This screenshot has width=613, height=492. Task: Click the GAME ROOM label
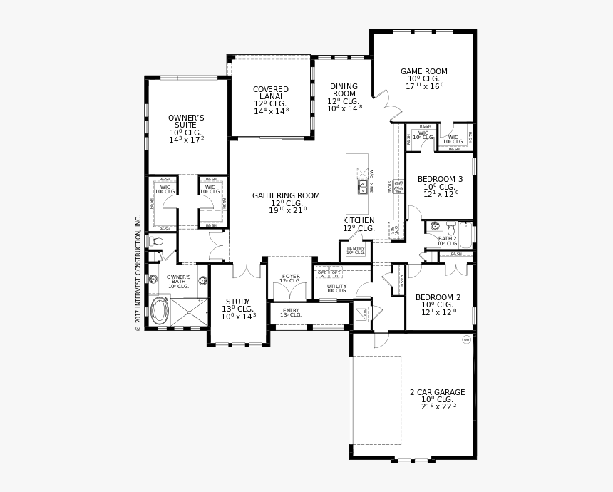point(423,71)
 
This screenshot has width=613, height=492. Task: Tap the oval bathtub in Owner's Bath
point(160,312)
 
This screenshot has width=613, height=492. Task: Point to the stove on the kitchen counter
point(398,187)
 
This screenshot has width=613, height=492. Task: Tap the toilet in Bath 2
point(435,227)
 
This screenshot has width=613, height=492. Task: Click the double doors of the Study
point(247,270)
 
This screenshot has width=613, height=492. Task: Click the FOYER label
point(291,277)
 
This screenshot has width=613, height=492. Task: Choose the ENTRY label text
point(291,312)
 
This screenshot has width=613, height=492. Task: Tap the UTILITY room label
point(336,287)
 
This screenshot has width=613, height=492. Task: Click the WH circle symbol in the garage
point(467,339)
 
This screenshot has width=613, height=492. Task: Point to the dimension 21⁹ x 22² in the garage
point(438,406)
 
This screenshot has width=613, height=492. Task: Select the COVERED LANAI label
point(271,93)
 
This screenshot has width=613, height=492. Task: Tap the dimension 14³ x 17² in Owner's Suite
point(186,140)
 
